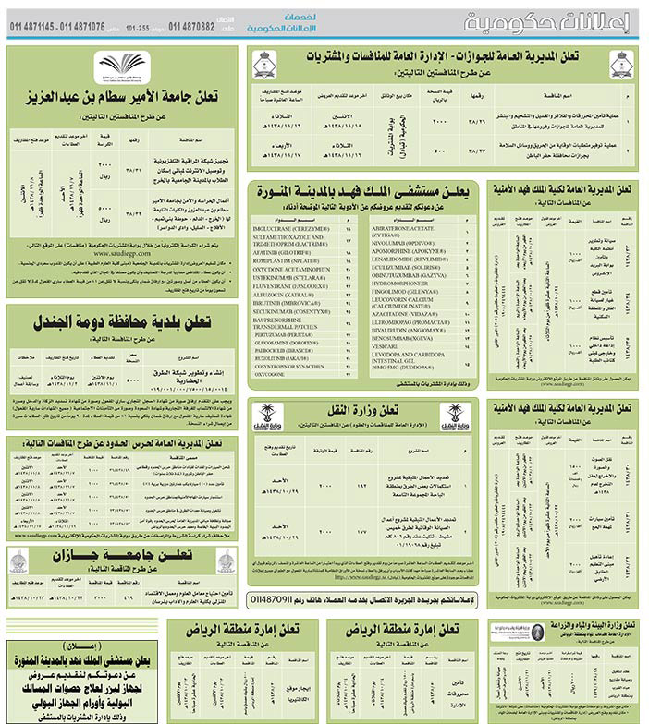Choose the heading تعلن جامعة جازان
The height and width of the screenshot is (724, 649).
pyautogui.click(x=121, y=554)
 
